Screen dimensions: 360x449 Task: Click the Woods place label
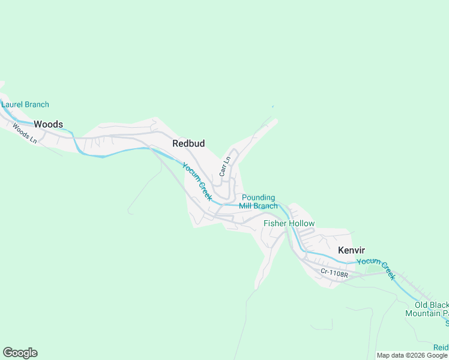(48, 124)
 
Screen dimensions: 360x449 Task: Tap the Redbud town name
(188, 143)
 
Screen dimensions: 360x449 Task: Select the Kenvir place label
(351, 250)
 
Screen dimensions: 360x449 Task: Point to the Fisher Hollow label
(289, 224)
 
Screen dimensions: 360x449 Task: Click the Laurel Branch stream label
(25, 104)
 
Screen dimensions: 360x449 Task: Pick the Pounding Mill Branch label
(258, 202)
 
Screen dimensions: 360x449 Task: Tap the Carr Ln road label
(225, 166)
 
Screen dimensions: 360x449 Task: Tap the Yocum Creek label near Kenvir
(376, 268)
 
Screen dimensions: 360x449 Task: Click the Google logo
(20, 353)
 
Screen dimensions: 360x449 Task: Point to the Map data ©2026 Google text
(412, 355)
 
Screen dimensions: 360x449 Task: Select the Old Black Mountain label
(427, 309)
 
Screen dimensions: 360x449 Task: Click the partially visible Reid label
(441, 347)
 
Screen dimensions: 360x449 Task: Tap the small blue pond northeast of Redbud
(273, 107)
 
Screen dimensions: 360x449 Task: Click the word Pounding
(258, 197)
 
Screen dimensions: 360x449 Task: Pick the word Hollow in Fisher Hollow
(302, 224)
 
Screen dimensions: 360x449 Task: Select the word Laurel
(12, 104)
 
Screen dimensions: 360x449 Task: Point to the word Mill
(246, 206)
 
